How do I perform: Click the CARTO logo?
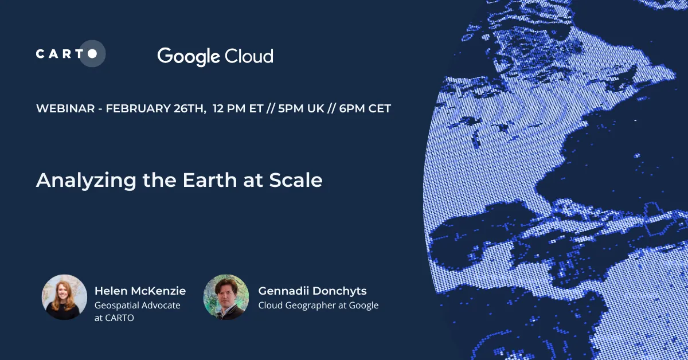[70, 54]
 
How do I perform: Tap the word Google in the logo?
[189, 56]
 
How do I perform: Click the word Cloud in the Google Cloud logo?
[249, 56]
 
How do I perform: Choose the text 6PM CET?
[365, 108]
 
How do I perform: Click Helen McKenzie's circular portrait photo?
[64, 297]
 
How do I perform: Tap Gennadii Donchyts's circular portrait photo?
[226, 297]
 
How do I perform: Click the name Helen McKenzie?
[140, 291]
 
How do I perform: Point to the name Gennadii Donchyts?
[312, 291]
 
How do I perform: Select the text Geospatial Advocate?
[137, 305]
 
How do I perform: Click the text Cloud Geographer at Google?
[318, 305]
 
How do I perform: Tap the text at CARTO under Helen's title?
[114, 318]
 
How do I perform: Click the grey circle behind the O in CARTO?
[92, 54]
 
